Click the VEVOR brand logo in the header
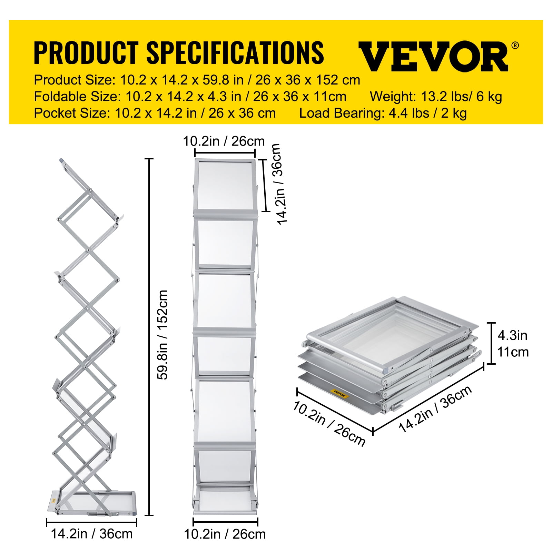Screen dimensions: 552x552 [x=433, y=56]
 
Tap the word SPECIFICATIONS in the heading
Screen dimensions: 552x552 [x=235, y=52]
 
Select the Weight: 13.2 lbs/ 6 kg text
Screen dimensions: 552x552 [x=436, y=97]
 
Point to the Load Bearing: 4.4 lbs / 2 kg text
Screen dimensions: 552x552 [x=383, y=113]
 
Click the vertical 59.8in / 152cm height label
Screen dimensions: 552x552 [x=162, y=335]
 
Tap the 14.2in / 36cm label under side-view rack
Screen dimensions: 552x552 [x=92, y=534]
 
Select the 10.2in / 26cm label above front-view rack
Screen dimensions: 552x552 [x=224, y=141]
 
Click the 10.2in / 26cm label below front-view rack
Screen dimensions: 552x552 [x=225, y=534]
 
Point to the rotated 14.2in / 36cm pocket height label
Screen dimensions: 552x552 [x=279, y=184]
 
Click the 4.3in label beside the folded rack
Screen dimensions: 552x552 [x=512, y=335]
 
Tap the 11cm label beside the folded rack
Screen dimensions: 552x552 [x=513, y=352]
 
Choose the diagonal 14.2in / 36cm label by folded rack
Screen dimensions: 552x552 [x=435, y=409]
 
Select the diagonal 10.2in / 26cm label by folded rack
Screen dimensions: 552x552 [x=329, y=424]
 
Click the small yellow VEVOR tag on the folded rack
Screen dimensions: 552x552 [x=339, y=394]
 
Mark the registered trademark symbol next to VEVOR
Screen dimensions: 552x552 [x=515, y=45]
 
